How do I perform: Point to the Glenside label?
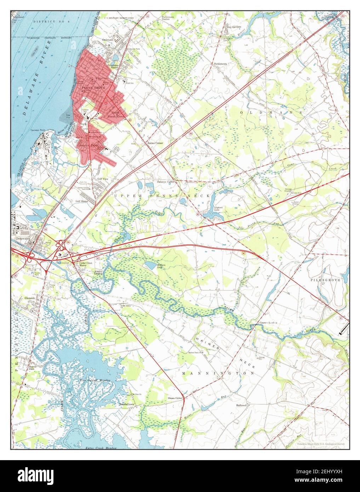(30, 298)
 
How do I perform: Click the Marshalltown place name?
(126, 404)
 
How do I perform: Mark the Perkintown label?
(219, 64)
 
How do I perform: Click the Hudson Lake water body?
(150, 265)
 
